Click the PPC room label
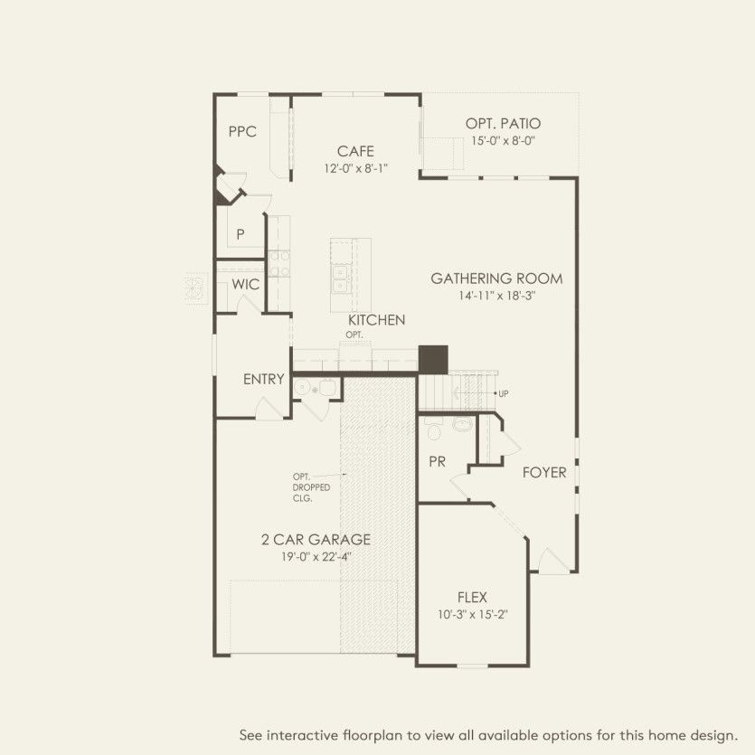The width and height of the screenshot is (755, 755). pos(242,132)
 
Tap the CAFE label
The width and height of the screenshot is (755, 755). pos(355,152)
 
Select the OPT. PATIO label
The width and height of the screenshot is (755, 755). pos(504,124)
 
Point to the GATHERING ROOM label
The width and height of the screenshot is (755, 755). pos(496,278)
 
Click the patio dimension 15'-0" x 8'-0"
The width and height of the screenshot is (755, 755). pos(504,141)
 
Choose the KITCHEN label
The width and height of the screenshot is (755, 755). pos(376,320)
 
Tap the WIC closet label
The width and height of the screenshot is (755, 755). pos(246,285)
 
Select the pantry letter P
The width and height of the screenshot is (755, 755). pos(241,234)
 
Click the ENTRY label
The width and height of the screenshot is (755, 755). pos(264,380)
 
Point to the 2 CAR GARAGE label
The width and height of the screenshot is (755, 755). pos(316,540)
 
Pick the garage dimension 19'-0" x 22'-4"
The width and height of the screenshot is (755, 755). pos(316,557)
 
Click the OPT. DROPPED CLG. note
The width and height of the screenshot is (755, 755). pos(310,487)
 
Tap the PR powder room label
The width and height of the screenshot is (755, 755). pos(438,461)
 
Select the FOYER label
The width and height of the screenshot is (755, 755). pos(544,472)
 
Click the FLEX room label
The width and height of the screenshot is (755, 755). pos(472,598)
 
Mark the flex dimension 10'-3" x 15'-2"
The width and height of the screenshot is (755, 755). pos(472,615)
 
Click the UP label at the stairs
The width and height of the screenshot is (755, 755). pos(503,393)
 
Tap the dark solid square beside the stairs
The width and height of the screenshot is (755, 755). pos(433,358)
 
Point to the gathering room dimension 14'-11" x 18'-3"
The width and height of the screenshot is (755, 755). pos(496,296)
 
